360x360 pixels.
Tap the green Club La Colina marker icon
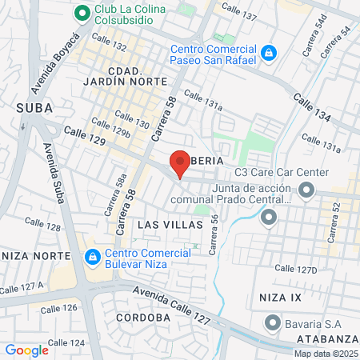coord(81,13)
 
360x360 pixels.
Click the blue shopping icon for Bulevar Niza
coord(93,258)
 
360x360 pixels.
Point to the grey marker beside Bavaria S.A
coord(274,324)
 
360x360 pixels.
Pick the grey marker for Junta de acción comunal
coord(268,216)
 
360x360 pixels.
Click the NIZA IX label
coord(281,297)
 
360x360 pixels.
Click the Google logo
coord(26,350)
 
